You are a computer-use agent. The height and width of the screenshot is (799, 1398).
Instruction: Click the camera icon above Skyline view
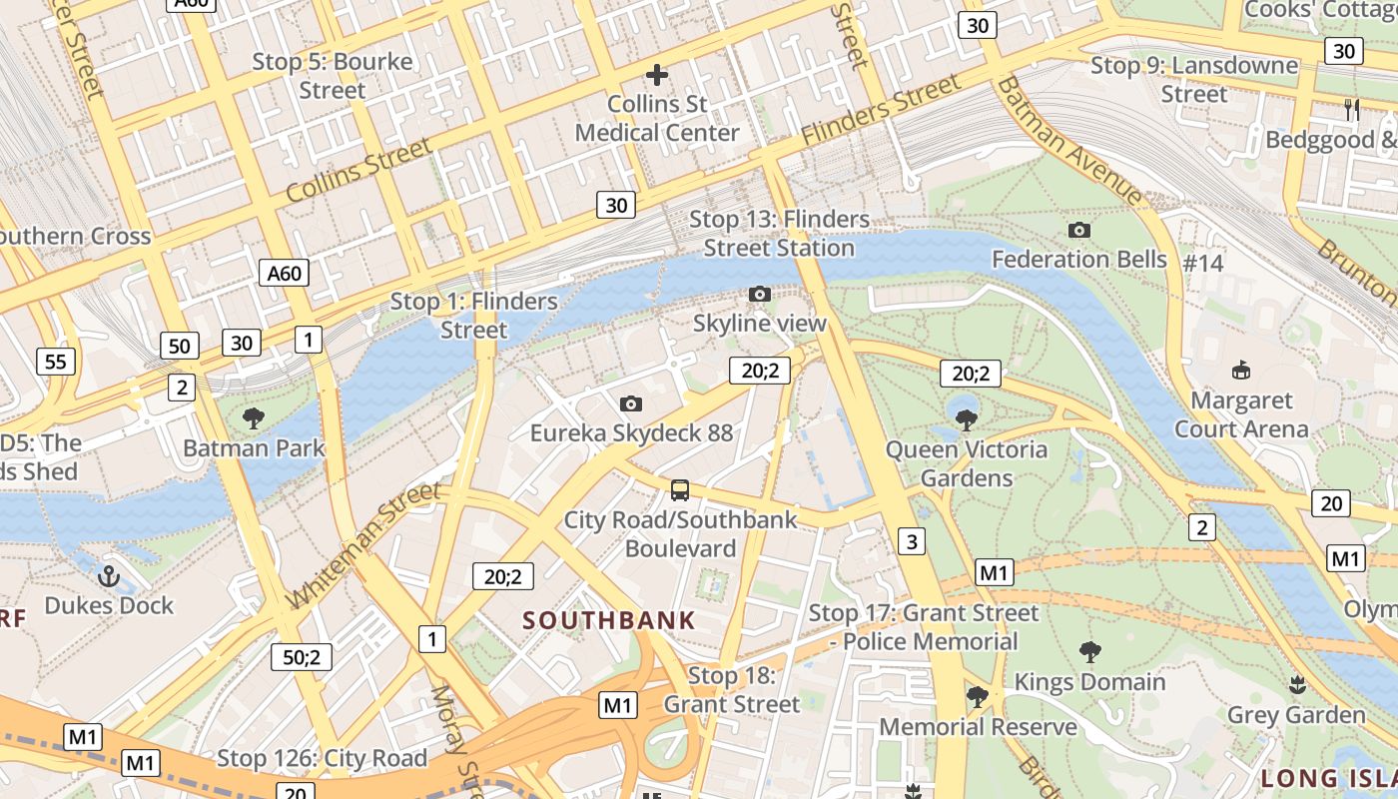coord(760,294)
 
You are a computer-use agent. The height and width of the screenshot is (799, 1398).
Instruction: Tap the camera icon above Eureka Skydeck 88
coord(630,403)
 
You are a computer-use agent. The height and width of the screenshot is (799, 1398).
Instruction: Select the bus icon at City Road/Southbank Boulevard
coord(680,490)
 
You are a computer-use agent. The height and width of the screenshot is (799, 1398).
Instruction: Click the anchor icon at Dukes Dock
coord(109,576)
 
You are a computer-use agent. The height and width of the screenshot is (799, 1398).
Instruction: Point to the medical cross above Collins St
coord(657,74)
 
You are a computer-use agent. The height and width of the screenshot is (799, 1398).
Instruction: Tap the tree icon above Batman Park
coord(254,417)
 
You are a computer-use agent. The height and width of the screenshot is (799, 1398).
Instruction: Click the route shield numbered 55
coord(55,361)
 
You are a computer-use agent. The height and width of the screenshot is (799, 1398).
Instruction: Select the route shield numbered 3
coord(911,542)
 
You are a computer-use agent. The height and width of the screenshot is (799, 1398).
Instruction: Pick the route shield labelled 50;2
coord(302,656)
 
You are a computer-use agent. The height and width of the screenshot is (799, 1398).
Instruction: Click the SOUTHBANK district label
coord(609,620)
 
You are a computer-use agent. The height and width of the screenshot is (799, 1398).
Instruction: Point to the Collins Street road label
coord(359,170)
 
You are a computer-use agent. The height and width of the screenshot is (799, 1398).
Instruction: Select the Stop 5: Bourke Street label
coord(333,76)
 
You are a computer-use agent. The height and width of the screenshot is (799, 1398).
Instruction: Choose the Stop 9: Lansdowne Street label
coord(1194,80)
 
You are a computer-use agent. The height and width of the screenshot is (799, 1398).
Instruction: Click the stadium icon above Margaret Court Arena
coord(1241,371)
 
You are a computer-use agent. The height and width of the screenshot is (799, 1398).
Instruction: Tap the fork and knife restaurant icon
coord(1352,110)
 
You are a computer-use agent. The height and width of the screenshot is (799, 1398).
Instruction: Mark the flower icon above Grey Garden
coord(1297,685)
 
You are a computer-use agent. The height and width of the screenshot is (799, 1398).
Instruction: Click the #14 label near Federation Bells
coord(1202,264)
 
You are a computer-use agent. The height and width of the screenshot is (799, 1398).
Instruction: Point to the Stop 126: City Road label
coord(322,758)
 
